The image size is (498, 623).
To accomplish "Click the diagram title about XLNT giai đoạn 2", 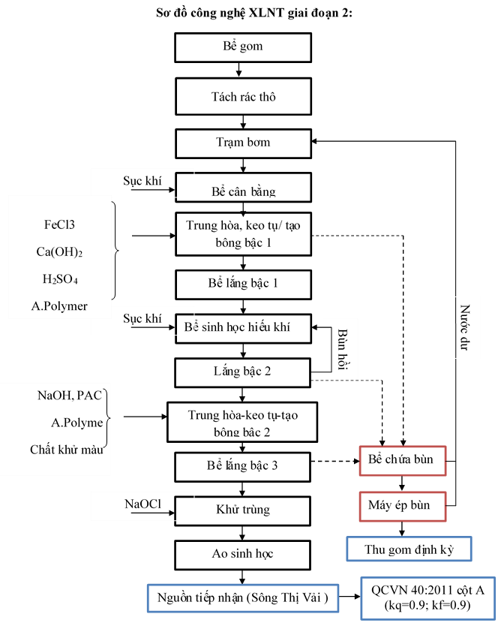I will point(241,15).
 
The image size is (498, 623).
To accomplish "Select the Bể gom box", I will point(243,47).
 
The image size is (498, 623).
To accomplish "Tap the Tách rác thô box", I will point(243,97).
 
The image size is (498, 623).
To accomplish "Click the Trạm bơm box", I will point(243,143).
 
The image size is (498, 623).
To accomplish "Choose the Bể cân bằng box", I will point(243,190).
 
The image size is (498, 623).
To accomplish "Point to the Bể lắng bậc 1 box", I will point(243,284).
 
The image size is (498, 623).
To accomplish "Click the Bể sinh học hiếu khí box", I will point(243,327).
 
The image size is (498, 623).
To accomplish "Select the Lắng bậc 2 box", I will point(243,372).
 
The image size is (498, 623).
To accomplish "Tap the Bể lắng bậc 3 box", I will point(243,466).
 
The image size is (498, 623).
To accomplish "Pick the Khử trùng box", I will point(243,510).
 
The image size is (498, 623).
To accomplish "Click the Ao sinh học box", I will point(243,554).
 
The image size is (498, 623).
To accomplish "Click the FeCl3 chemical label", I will point(59,224).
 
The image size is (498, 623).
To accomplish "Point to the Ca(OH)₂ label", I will point(59,251).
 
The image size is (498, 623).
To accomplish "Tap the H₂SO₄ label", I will point(59,279).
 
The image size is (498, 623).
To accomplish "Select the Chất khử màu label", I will point(67,450).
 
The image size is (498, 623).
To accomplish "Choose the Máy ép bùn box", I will point(402,505).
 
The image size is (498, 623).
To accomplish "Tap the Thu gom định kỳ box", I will point(409,549).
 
